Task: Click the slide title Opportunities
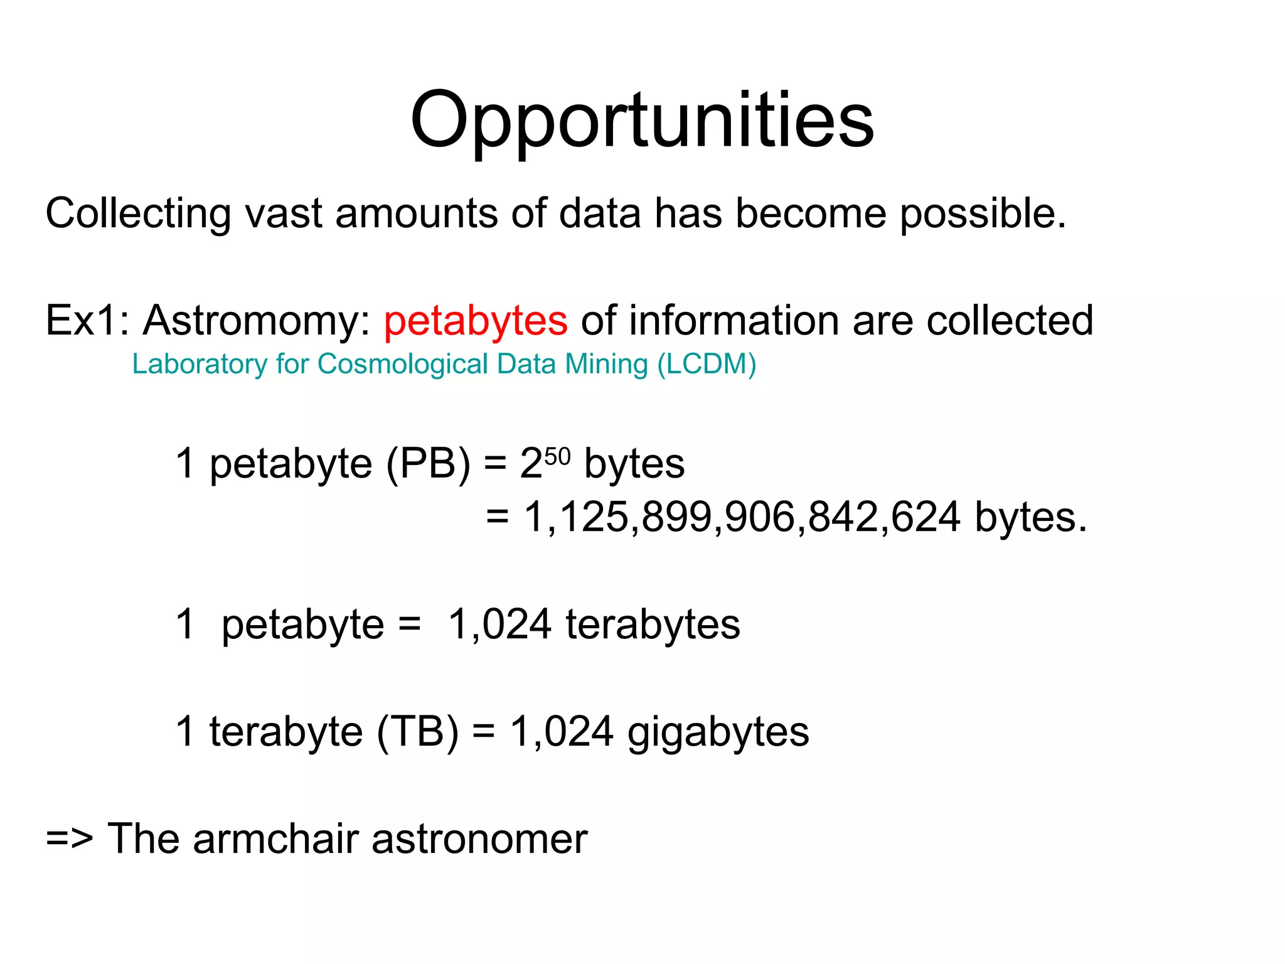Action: (642, 121)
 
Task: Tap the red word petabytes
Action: (476, 321)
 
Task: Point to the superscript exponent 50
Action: (557, 456)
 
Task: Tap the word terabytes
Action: (653, 624)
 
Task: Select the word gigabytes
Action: (718, 732)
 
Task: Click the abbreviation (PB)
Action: (428, 464)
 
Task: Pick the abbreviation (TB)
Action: (418, 732)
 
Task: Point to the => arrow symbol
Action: (69, 838)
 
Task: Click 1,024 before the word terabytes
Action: (499, 624)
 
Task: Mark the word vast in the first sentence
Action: (283, 213)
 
